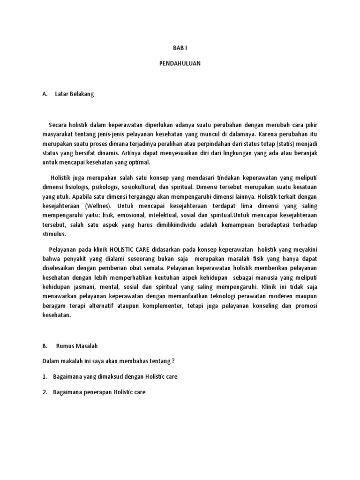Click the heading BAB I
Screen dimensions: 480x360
[x=180, y=48]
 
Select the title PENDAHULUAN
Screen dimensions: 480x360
[x=180, y=63]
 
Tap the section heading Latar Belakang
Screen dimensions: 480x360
[x=75, y=94]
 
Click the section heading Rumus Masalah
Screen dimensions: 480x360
[x=76, y=346]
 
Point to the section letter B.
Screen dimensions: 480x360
[x=45, y=346]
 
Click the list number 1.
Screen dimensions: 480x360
[x=45, y=376]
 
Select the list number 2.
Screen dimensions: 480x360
[x=45, y=392]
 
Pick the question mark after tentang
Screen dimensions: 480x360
[x=173, y=361]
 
